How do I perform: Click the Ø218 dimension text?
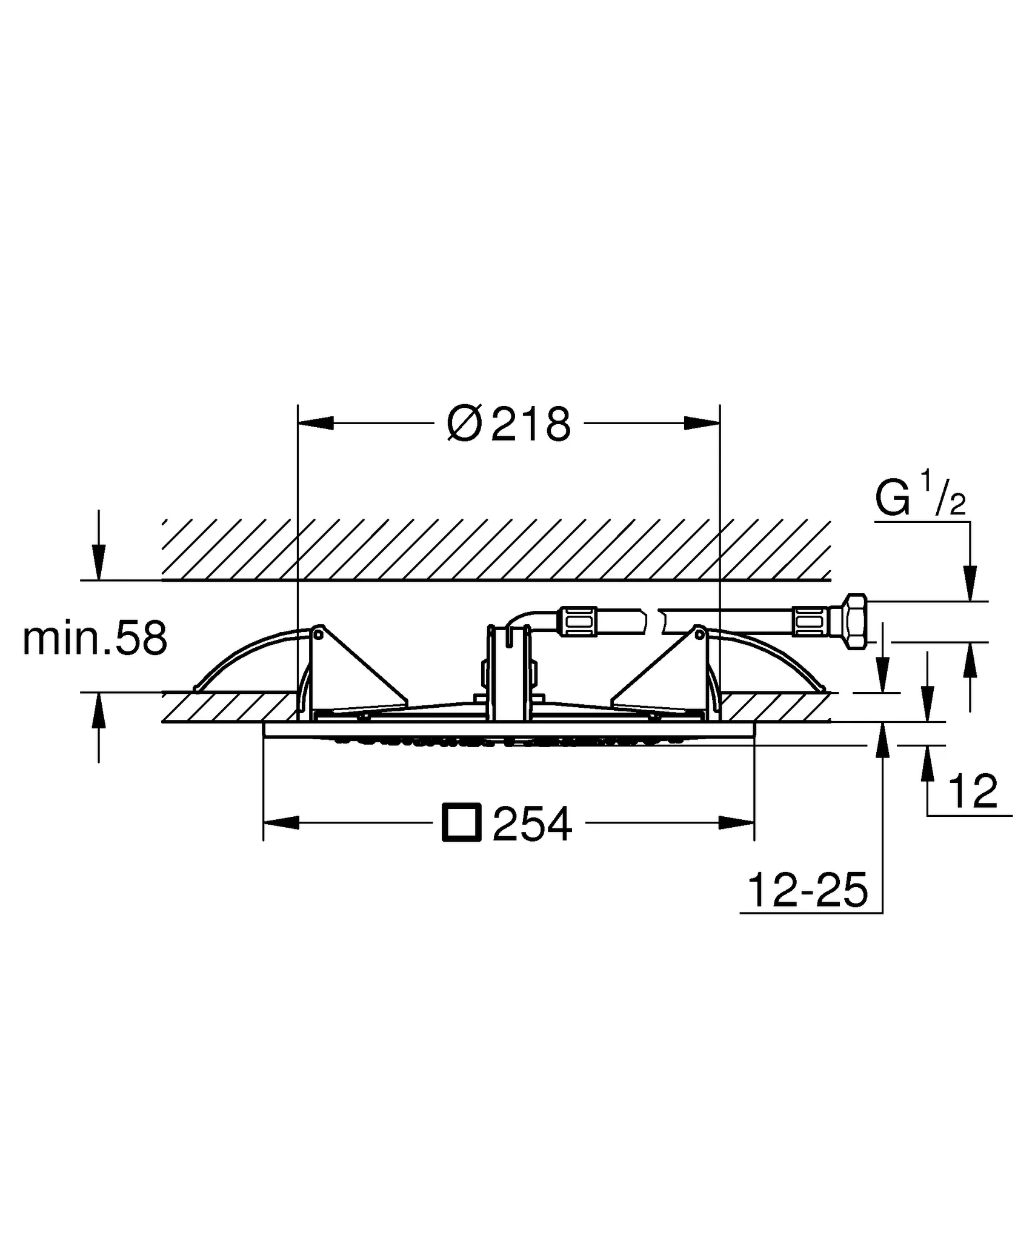point(509,424)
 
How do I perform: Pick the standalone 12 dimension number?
point(973,791)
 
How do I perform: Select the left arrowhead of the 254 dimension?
point(281,822)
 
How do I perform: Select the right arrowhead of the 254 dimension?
point(736,822)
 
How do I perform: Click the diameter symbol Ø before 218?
point(464,424)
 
